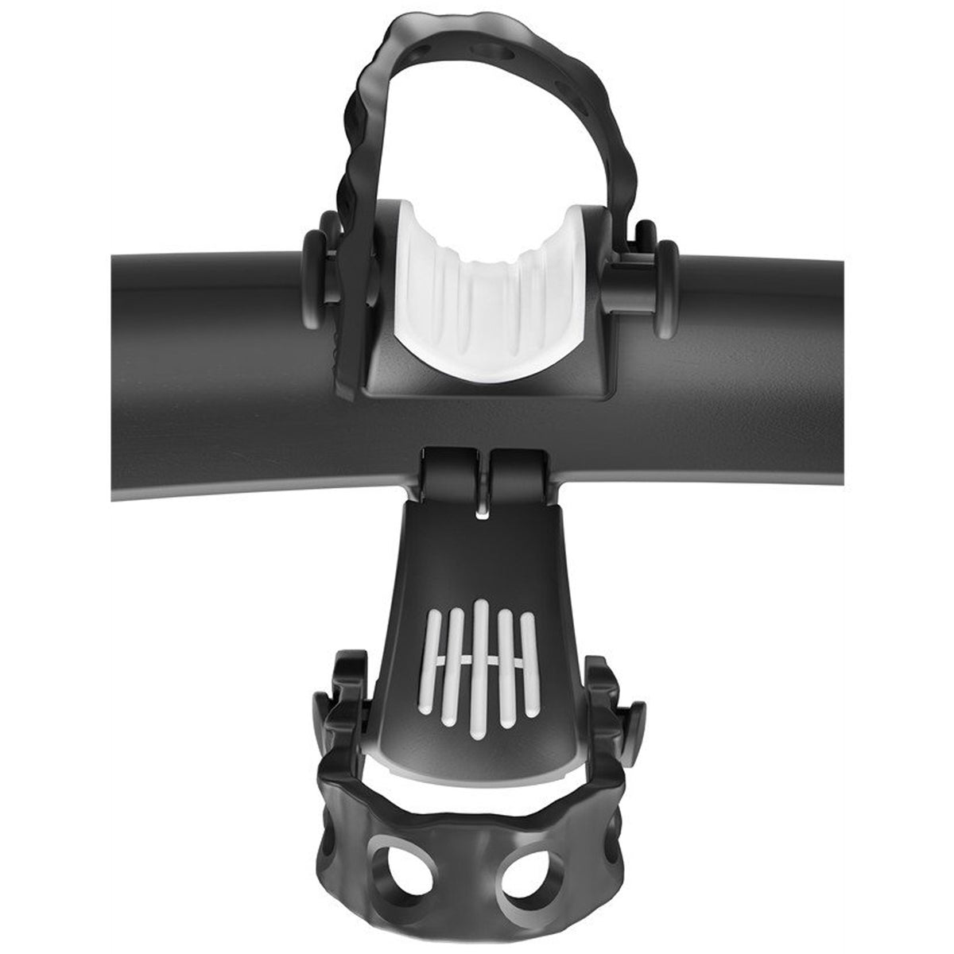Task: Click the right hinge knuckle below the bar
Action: [518, 476]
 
